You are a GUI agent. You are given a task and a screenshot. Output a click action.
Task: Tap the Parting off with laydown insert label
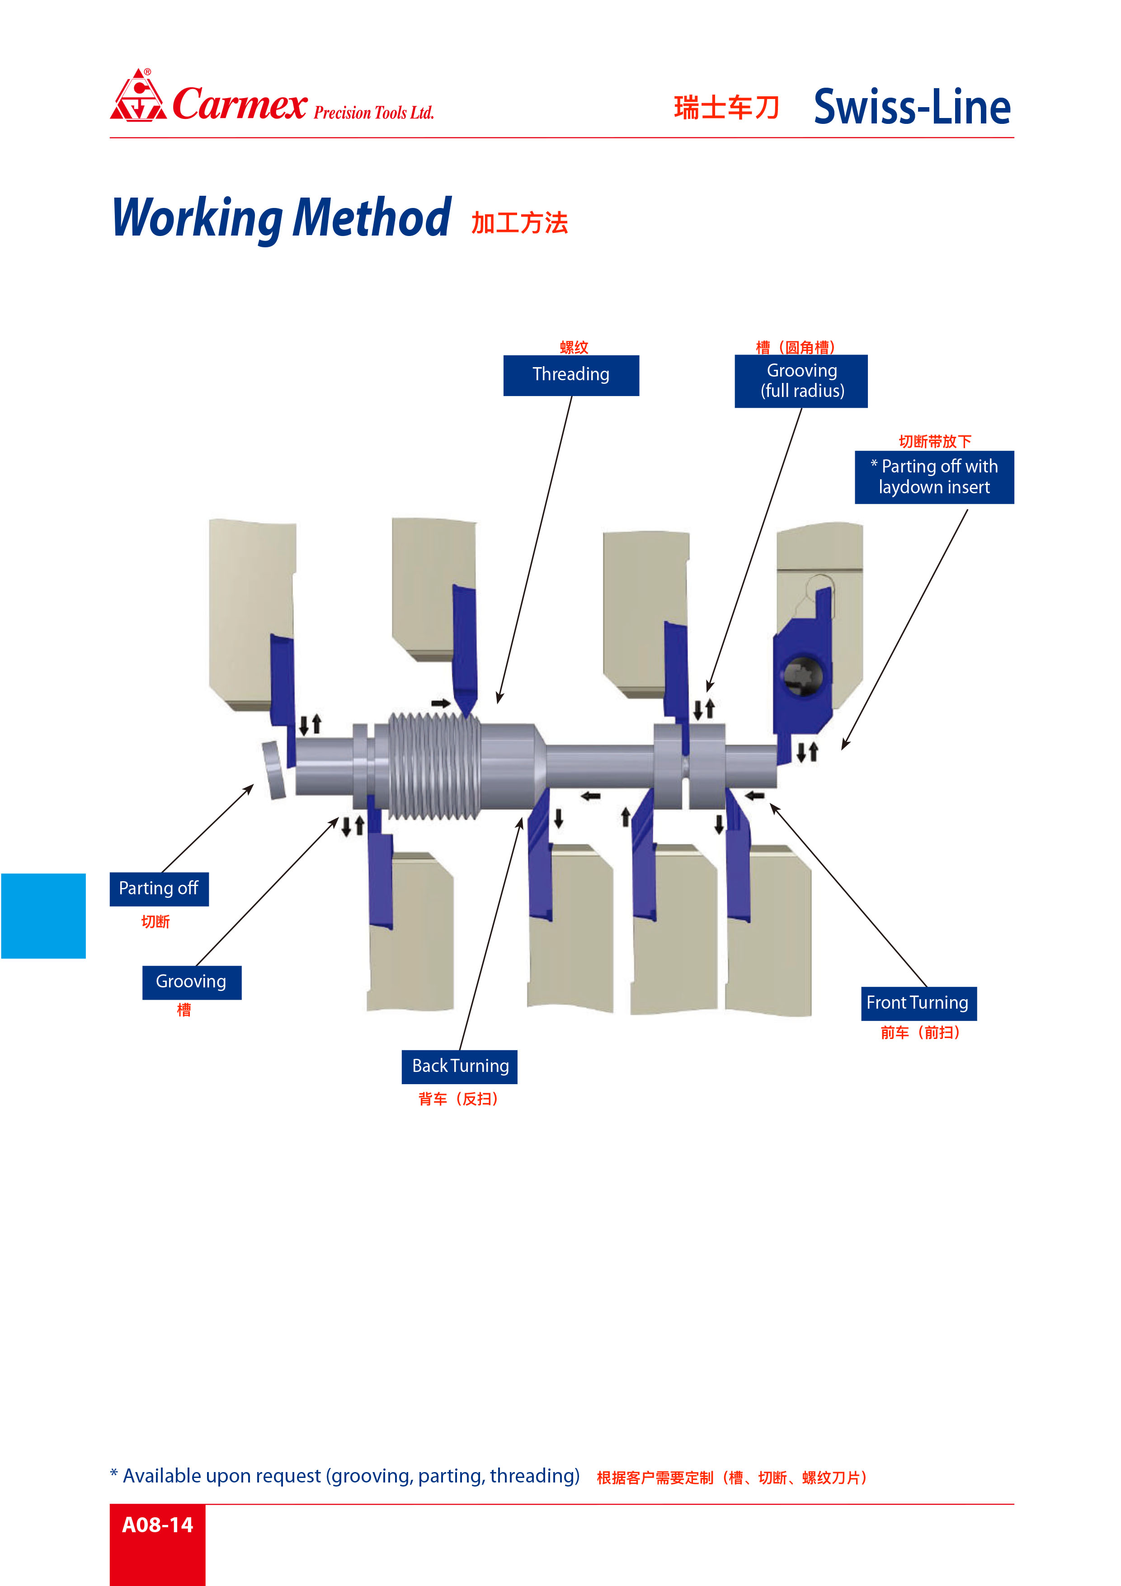pos(934,477)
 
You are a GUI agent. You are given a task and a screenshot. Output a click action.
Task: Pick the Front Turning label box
pos(918,1003)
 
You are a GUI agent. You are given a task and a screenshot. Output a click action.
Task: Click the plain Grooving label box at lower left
pos(191,982)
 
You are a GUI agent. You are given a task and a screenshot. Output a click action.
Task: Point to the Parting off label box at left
pos(159,888)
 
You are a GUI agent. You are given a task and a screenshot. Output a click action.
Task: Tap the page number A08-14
pos(157,1525)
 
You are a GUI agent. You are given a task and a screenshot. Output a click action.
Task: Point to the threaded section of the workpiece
pos(434,765)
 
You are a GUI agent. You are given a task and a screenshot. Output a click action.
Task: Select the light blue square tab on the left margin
pos(43,915)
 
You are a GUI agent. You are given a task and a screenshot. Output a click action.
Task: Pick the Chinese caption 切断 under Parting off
pos(155,921)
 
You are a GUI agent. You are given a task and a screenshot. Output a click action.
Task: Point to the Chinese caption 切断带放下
pos(934,441)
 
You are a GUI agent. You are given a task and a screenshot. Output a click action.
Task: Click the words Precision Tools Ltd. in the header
pos(374,113)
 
